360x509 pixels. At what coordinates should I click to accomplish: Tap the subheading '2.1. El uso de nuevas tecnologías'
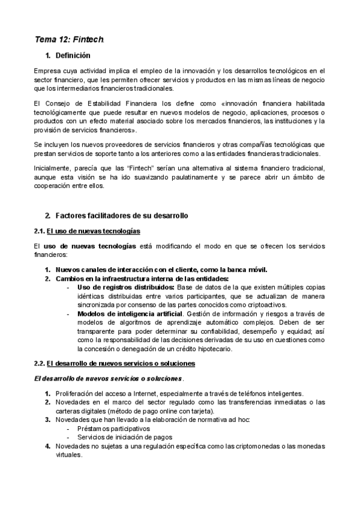(88, 231)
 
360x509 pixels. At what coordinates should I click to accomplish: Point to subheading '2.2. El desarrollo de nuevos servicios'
(115, 364)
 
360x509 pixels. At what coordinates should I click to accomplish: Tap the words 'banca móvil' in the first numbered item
(249, 269)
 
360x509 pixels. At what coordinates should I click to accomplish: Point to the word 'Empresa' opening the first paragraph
(47, 70)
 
